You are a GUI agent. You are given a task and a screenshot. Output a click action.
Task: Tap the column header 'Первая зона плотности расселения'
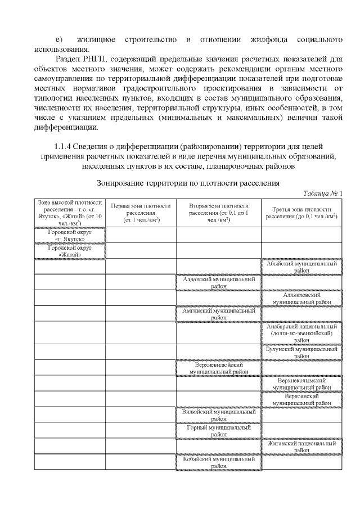pos(141,213)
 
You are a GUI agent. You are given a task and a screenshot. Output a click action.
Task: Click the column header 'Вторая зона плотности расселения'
pos(219,213)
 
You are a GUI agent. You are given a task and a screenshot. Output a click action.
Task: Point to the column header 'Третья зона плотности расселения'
pos(301,213)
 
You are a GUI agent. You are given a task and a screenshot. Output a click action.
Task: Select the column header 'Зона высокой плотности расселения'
pos(70,213)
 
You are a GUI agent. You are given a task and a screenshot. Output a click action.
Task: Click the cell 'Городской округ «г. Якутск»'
pos(70,235)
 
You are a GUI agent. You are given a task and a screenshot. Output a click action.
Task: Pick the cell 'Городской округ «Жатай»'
pos(70,250)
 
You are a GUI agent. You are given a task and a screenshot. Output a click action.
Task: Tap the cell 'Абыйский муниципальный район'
pos(301,266)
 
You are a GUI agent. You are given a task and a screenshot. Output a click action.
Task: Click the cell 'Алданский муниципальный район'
pos(219,282)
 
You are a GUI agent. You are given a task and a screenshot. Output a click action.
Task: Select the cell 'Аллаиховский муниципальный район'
pos(301,298)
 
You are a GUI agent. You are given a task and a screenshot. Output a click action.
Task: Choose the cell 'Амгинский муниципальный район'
pos(219,313)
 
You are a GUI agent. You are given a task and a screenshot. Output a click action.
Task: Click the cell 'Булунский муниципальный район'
pos(301,352)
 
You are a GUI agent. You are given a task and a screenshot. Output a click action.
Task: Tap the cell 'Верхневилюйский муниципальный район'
pos(219,368)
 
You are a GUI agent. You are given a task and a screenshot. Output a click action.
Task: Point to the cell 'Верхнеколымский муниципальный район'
pos(301,384)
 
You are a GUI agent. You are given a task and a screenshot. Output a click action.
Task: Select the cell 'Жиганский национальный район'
pos(301,447)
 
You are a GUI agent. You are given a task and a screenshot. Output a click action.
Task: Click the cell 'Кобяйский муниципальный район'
pos(219,462)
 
